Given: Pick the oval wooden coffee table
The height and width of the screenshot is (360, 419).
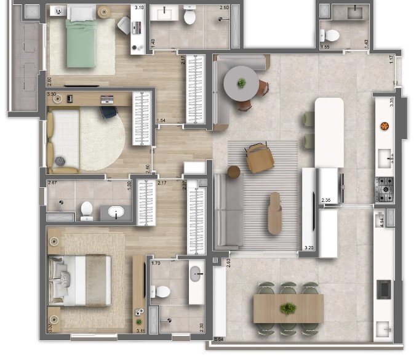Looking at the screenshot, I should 274,213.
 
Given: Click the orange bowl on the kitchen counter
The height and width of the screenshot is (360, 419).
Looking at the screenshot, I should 385,126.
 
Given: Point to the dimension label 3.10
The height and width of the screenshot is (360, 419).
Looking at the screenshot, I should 140,7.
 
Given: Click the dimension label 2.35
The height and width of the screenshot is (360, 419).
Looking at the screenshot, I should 326,199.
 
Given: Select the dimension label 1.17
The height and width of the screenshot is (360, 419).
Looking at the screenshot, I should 391,60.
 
